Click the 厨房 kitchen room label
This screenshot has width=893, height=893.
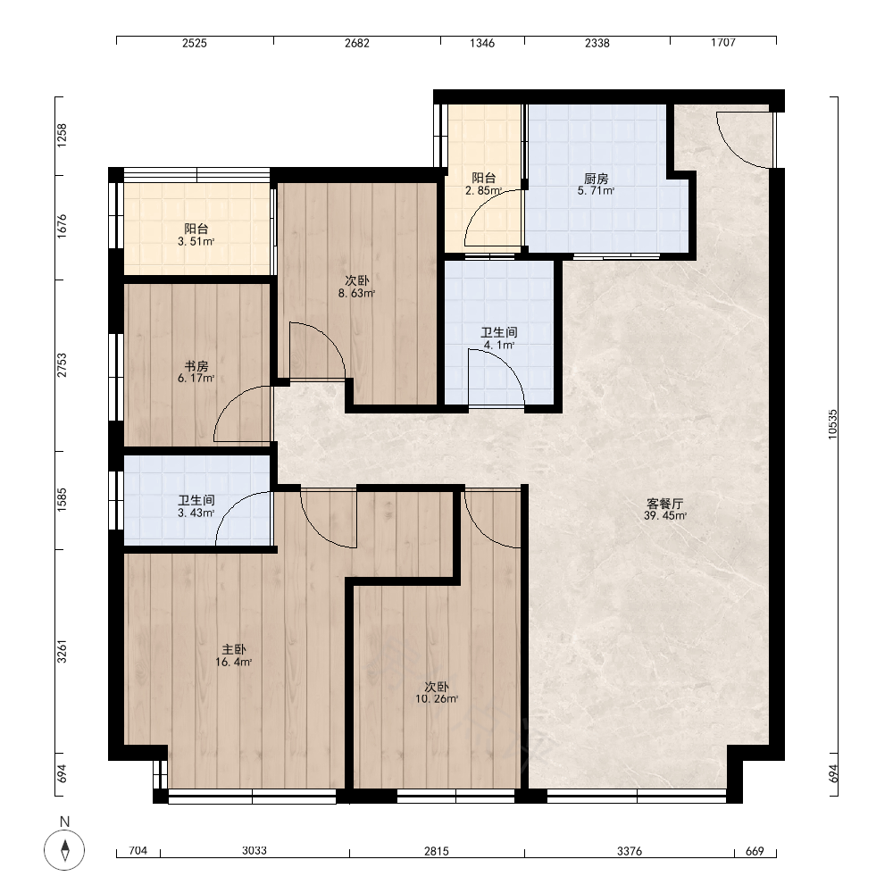coord(596,179)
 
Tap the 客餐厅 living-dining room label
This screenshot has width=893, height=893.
coord(664,504)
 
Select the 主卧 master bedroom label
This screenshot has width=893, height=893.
coord(233,650)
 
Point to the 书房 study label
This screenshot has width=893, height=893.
coord(196,366)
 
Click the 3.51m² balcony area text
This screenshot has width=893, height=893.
coord(196,241)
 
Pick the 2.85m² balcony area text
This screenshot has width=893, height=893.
coord(483,191)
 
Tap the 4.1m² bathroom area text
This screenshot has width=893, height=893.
coord(499,345)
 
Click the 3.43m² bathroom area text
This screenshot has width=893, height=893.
coord(196,513)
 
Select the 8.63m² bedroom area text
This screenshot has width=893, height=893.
coord(356,294)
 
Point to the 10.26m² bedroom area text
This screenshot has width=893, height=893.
coord(437,699)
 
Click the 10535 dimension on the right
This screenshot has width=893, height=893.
coord(832,423)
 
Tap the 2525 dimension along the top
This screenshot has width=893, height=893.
coord(195,43)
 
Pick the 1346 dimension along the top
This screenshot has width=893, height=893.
coord(482,43)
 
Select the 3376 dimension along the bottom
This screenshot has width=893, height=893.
coord(630,851)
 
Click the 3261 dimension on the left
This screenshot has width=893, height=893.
coord(62,652)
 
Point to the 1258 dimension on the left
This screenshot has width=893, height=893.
coord(62,136)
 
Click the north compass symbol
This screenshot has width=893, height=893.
coord(64,850)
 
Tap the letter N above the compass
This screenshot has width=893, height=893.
coord(64,822)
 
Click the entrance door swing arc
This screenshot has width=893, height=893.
coord(735,149)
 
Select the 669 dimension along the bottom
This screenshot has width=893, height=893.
coord(755,851)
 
